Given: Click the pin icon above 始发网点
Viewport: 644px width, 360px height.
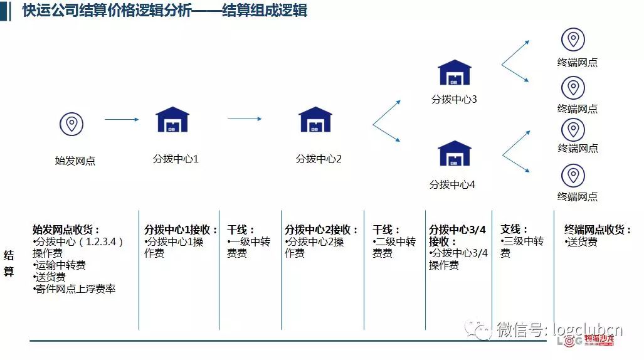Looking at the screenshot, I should (x=71, y=124).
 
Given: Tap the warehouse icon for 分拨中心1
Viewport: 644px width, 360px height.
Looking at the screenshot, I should (x=172, y=119).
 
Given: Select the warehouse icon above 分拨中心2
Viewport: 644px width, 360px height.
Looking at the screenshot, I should (x=315, y=119).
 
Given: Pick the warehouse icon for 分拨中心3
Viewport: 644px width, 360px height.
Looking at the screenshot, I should (x=454, y=73).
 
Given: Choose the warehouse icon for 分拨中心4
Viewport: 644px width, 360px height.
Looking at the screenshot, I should (x=454, y=154).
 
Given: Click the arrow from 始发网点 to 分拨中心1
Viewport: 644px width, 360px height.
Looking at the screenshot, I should (x=121, y=119).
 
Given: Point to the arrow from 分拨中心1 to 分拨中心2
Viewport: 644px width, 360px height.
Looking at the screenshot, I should (x=244, y=119).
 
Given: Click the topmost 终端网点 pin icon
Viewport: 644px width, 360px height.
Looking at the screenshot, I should (x=573, y=40).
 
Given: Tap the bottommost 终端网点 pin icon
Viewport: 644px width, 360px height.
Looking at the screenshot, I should (x=573, y=176).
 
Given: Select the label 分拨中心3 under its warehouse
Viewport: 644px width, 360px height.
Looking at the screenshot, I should (x=454, y=99).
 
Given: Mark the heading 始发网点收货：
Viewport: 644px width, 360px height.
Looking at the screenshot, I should (x=66, y=230).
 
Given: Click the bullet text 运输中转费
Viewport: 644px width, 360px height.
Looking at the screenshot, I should (x=60, y=265).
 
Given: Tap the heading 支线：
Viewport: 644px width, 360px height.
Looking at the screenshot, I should (x=514, y=230).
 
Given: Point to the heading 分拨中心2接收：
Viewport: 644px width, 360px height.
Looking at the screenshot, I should (x=322, y=230).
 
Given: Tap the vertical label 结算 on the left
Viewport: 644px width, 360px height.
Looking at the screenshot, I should (x=9, y=263).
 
